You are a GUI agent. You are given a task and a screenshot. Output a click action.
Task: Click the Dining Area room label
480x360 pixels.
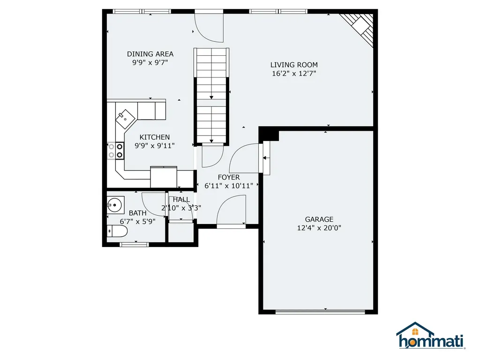[150, 54]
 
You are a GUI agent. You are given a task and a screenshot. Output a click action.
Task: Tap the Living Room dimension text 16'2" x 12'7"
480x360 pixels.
[294, 74]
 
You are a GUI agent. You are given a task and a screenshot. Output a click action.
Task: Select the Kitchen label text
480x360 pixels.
[155, 137]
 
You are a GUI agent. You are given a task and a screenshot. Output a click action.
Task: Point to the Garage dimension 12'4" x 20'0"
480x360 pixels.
[319, 228]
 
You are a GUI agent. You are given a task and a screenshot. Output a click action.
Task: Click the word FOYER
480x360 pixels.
[229, 178]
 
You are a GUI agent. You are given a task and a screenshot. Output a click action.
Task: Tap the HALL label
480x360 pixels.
[181, 200]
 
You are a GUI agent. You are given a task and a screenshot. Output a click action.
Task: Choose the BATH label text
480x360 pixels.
[137, 213]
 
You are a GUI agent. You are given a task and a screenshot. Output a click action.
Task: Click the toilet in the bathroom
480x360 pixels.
[117, 232]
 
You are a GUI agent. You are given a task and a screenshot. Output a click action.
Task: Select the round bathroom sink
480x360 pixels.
[115, 205]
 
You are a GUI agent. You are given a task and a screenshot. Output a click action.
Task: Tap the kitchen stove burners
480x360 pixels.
[115, 150]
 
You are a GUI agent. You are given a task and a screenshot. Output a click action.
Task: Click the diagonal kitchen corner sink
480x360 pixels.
[125, 119]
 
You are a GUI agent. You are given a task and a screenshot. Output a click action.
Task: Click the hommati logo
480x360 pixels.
[431, 336]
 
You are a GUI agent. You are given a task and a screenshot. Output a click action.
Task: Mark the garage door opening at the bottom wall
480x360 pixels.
[320, 312]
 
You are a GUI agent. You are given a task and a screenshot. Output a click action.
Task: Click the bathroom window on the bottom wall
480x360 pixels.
[134, 244]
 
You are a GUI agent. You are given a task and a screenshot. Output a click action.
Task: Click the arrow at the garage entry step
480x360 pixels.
[266, 158]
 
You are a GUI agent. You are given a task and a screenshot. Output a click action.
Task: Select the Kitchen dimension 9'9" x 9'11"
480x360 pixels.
[155, 146]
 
